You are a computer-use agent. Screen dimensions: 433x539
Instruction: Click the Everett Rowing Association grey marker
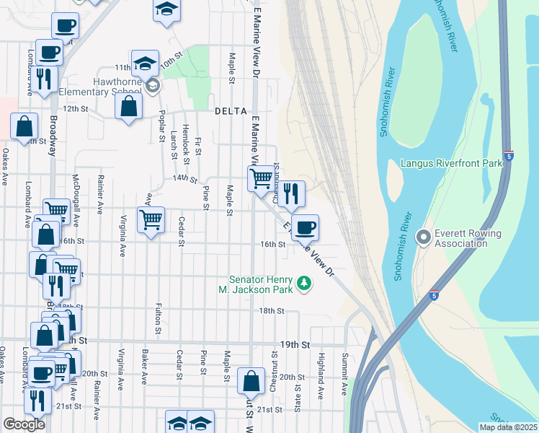pos(423,236)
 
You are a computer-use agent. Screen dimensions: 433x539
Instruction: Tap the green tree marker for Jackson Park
pos(305,283)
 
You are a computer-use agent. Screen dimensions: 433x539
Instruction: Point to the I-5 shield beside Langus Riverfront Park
pos(509,156)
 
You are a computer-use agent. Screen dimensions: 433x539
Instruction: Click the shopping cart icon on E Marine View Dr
pos(261,177)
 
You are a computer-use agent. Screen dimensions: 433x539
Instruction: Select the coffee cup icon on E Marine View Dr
pos(304,227)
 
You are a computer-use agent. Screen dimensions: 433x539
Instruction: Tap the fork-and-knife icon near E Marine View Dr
pos(291,193)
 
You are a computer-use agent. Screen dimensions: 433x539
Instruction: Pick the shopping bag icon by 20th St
pos(251,380)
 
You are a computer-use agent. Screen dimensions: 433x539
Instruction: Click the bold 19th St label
pos(295,345)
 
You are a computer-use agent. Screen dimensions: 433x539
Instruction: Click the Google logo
pos(24,424)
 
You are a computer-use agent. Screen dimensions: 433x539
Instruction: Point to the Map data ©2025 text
pos(507,427)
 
